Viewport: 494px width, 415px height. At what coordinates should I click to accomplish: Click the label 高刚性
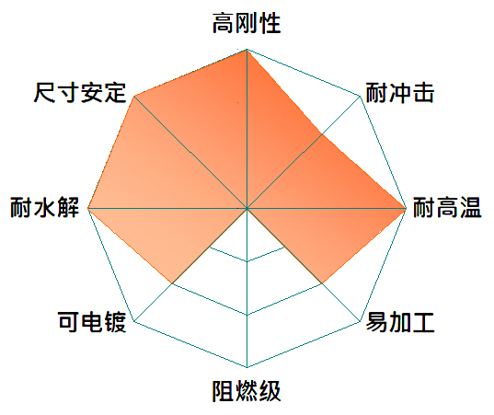(x=247, y=23)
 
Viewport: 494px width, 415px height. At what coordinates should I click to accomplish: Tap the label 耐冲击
(x=400, y=93)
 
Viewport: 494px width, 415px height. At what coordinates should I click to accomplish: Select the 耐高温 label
(x=447, y=207)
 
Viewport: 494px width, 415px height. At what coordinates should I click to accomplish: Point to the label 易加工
(x=400, y=322)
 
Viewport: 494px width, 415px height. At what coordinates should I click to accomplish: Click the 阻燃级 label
(x=247, y=391)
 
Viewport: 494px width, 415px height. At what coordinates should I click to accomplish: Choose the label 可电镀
(x=92, y=322)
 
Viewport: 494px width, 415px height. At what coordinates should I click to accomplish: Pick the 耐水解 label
(x=44, y=207)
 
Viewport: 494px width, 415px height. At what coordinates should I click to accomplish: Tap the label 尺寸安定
(x=80, y=93)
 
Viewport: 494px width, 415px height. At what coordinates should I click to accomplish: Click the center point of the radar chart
(x=247, y=208)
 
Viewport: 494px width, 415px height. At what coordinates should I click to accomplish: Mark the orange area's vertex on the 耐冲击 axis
(x=322, y=134)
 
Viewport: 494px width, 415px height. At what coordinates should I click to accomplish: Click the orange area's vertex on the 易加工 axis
(x=322, y=283)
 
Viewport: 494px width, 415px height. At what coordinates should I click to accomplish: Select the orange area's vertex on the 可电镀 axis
(x=172, y=283)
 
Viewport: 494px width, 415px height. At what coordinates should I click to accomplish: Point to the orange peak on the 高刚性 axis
(x=247, y=50)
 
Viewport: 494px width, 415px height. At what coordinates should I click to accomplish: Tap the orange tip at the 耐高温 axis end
(x=406, y=208)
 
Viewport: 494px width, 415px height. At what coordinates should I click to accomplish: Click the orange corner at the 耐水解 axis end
(x=88, y=208)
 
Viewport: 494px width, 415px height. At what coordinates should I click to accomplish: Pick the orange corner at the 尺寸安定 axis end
(x=134, y=96)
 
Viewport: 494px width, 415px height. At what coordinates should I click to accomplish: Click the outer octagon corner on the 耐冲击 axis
(x=360, y=96)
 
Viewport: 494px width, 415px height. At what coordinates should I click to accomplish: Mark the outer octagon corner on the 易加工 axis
(x=360, y=321)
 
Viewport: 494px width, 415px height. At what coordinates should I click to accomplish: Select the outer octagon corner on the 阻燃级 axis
(x=247, y=367)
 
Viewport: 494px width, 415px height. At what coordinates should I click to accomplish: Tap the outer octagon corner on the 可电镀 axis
(x=134, y=321)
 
